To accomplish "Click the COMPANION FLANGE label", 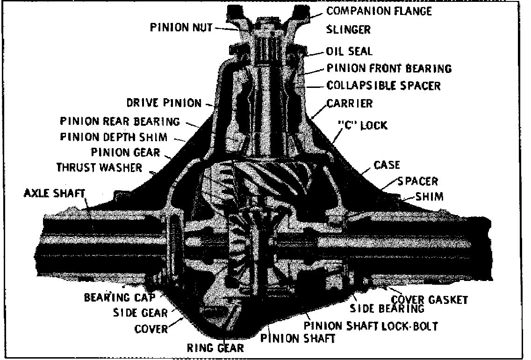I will click(x=379, y=10).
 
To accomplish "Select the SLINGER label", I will click(x=348, y=29).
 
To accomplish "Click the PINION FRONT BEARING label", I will click(x=389, y=69).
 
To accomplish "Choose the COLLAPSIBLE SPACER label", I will click(x=383, y=86).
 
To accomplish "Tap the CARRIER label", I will click(x=350, y=103).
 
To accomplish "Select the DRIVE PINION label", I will click(x=164, y=103).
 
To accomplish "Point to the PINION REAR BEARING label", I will click(x=120, y=122).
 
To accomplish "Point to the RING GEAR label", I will click(x=215, y=348).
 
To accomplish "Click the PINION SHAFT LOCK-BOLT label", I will click(x=370, y=325).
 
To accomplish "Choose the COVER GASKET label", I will click(x=429, y=299).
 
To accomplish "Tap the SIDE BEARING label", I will click(x=387, y=309).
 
